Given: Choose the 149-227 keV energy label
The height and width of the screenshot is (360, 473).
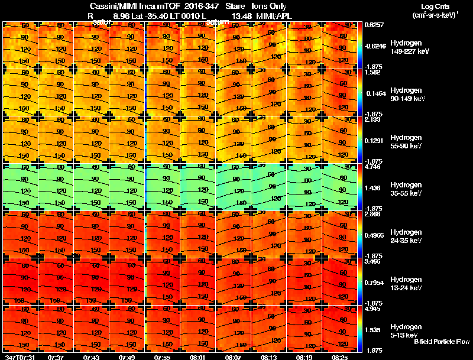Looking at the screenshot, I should pyautogui.click(x=409, y=51).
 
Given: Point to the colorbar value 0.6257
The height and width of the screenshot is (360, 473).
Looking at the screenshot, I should pyautogui.click(x=374, y=25).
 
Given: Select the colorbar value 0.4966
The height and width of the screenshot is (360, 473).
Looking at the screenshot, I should pyautogui.click(x=374, y=235).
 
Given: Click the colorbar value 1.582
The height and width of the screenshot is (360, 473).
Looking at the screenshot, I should pyautogui.click(x=372, y=73).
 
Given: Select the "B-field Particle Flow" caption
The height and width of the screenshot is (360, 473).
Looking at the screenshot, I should pyautogui.click(x=441, y=342).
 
